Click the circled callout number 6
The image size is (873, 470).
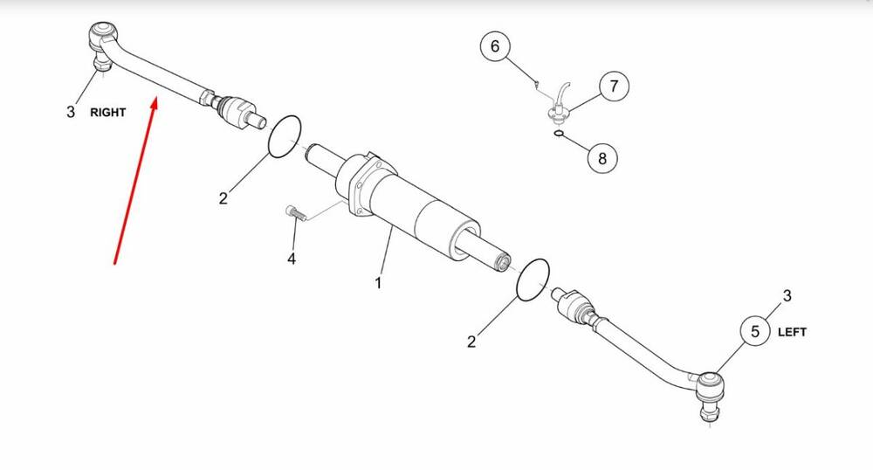495,45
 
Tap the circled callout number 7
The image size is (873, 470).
614,86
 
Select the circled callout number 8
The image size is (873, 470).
601,158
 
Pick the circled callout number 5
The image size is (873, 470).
755,331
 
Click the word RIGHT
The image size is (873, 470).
108,113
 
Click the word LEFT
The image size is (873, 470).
792,332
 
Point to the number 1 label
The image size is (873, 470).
378,283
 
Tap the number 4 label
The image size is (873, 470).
292,259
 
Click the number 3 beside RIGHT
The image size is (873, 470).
70,112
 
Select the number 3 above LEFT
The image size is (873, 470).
787,295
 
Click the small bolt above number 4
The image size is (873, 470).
296,212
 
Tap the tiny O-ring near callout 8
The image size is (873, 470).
560,134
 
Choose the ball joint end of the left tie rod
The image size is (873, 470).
711,394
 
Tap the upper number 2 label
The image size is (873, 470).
223,197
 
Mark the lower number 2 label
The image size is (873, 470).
471,342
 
